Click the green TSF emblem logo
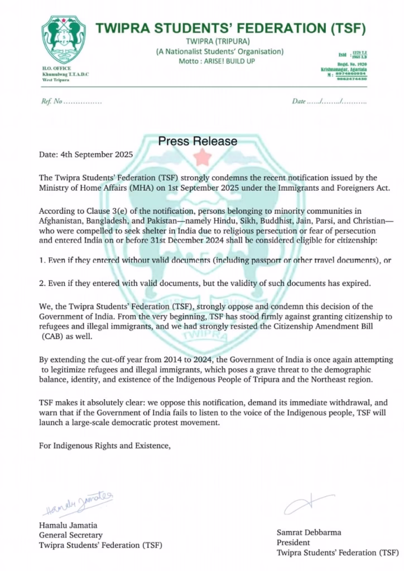64,40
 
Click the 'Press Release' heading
198,141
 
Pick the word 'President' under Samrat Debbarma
294,543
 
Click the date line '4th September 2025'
86,154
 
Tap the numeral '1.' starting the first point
42,260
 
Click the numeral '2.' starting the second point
42,283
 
